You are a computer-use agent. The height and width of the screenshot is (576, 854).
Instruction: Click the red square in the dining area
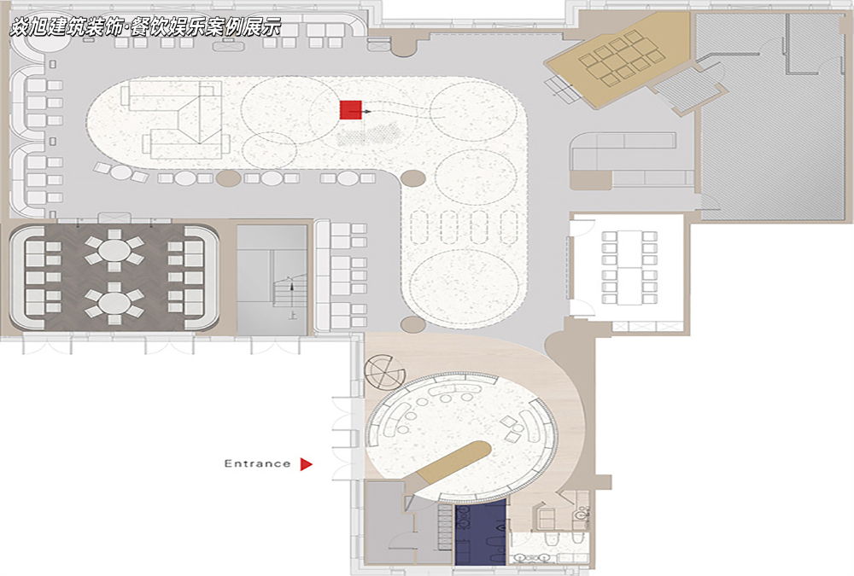pos(351,109)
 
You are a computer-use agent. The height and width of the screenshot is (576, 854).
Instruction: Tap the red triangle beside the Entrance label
pos(306,464)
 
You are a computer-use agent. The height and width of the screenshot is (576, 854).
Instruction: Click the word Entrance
pos(258,464)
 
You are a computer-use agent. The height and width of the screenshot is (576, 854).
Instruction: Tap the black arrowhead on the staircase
pos(291,285)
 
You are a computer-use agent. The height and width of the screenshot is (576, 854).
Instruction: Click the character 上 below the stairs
pos(292,315)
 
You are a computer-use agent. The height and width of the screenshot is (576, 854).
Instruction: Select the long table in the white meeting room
pos(629,267)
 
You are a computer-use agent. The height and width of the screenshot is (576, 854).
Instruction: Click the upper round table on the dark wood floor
pos(114,250)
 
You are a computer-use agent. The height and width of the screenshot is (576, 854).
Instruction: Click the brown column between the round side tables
pos(228,178)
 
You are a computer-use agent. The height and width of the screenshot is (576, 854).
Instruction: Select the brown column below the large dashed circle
pos(412,325)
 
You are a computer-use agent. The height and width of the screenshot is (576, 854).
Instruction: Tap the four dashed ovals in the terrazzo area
pos(464,226)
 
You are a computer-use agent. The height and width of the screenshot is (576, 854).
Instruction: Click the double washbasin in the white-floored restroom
pos(532,557)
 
